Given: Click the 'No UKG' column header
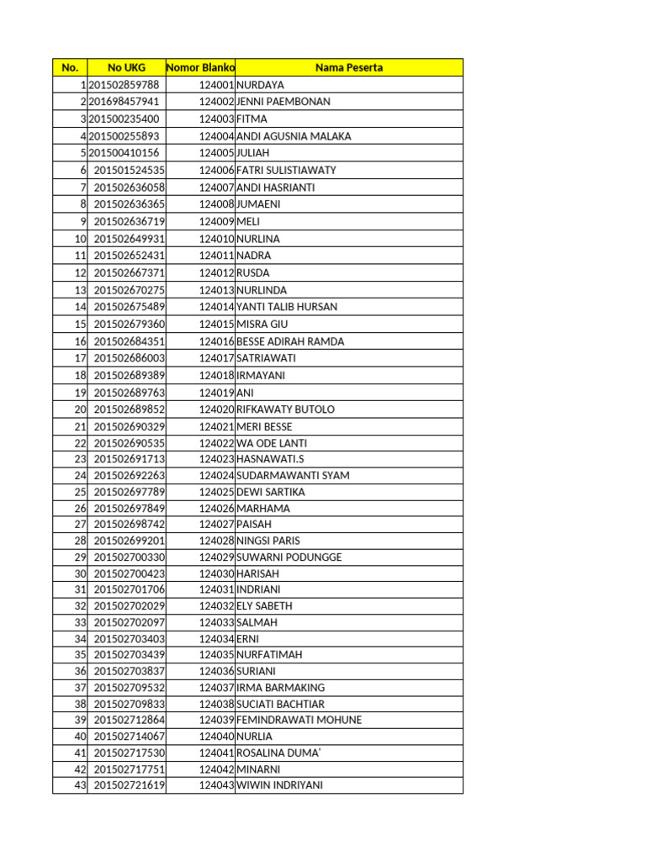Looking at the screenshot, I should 126,67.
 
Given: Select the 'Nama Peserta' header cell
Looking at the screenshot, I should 349,67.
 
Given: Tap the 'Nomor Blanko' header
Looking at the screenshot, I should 201,67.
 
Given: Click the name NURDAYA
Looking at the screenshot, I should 261,85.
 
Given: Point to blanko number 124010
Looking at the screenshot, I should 217,239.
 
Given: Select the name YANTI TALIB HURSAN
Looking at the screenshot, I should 287,307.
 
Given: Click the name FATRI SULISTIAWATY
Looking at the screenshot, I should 286,170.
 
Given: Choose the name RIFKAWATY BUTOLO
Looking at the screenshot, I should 286,409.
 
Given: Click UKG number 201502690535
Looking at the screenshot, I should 130,443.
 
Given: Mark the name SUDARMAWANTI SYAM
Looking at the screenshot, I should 293,475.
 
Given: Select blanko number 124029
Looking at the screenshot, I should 217,557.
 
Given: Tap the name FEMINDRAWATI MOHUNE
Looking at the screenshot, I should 299,720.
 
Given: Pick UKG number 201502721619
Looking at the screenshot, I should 130,785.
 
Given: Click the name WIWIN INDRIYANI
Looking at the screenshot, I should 280,785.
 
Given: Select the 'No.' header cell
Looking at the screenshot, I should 70,67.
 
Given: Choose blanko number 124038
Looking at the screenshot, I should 217,704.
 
